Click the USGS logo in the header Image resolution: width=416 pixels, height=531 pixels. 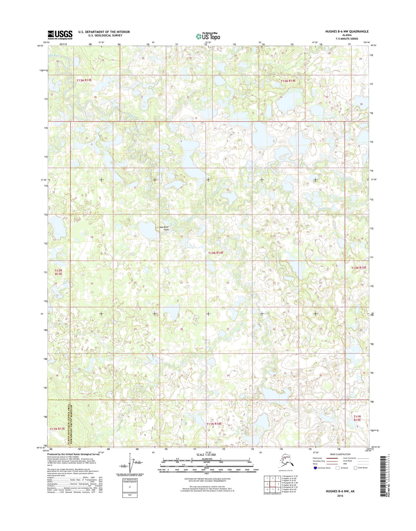(x=60, y=35)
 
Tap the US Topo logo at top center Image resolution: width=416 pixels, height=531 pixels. (x=208, y=36)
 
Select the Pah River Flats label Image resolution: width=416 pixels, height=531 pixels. (x=164, y=228)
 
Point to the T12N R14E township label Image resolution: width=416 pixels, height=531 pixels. (x=216, y=253)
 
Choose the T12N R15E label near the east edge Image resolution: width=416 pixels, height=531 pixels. (x=359, y=268)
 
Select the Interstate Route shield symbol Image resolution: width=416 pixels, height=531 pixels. (x=316, y=468)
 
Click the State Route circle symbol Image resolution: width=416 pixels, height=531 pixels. (x=355, y=468)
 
